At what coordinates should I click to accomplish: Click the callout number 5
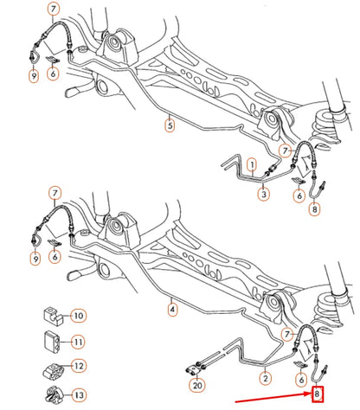(170, 125)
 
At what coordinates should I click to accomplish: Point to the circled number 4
(173, 307)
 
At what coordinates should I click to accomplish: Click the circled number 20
(197, 387)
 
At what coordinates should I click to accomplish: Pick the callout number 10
(76, 316)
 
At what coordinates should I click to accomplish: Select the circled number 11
(76, 341)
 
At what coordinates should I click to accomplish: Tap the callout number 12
(76, 367)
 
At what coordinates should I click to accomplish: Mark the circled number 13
(76, 394)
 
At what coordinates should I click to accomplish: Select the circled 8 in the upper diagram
(314, 208)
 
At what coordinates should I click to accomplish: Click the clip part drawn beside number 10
(49, 314)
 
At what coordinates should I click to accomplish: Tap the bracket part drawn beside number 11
(49, 340)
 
